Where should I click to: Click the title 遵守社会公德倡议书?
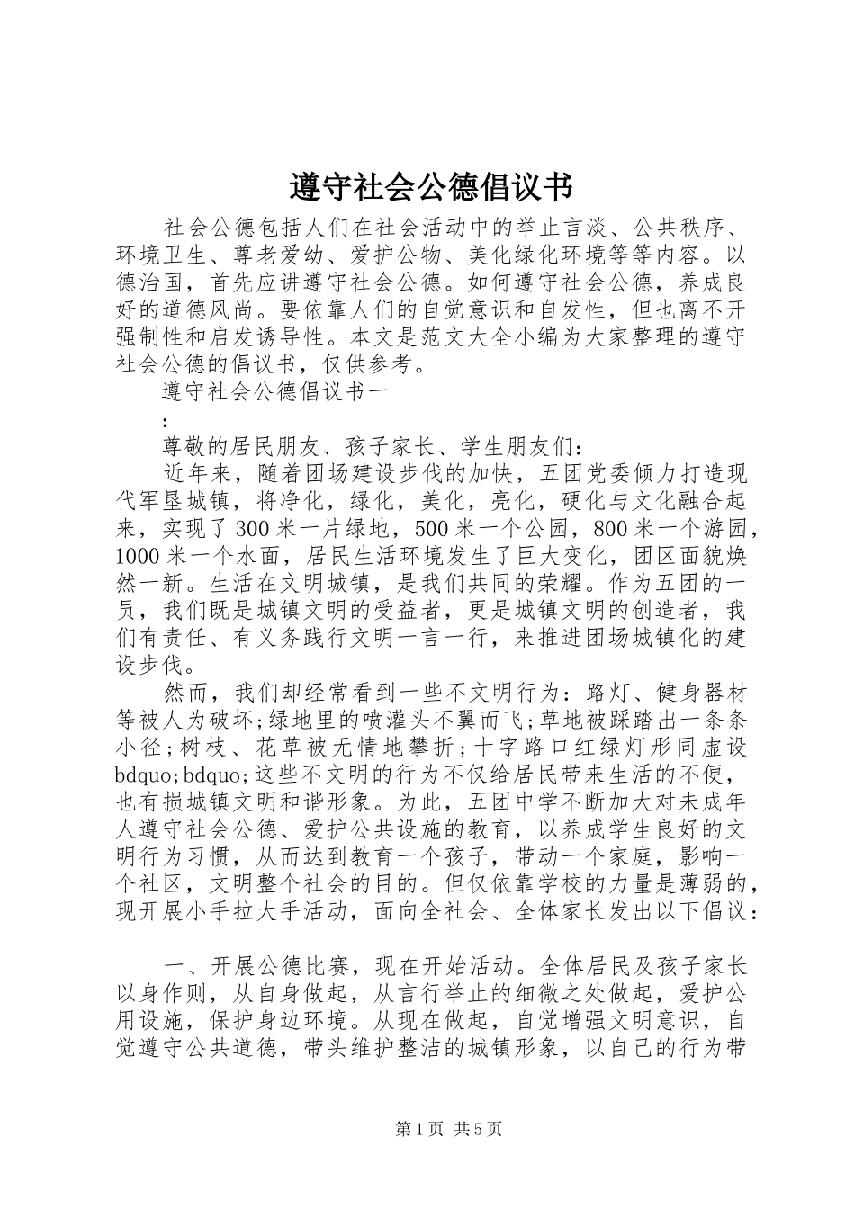point(429,188)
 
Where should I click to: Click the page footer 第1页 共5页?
point(447,1129)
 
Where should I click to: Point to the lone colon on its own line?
point(163,420)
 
